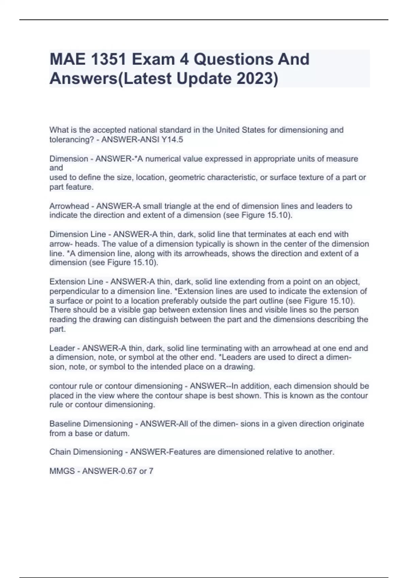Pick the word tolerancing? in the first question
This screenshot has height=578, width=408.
tap(71, 139)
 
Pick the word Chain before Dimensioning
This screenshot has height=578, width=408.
tap(60, 452)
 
